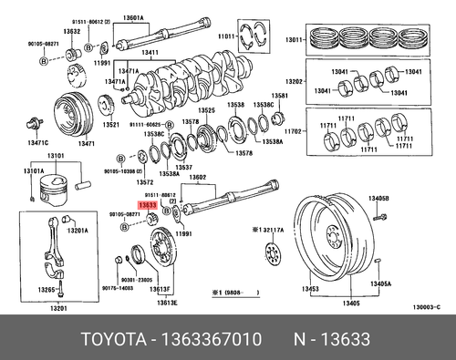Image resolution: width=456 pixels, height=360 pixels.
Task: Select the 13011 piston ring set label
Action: click(x=293, y=40)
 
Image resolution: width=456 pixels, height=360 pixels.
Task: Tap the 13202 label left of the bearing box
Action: click(x=293, y=80)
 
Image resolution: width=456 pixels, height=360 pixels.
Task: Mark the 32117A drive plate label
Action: click(x=271, y=233)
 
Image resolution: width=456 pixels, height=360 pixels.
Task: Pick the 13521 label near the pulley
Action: click(x=111, y=124)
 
